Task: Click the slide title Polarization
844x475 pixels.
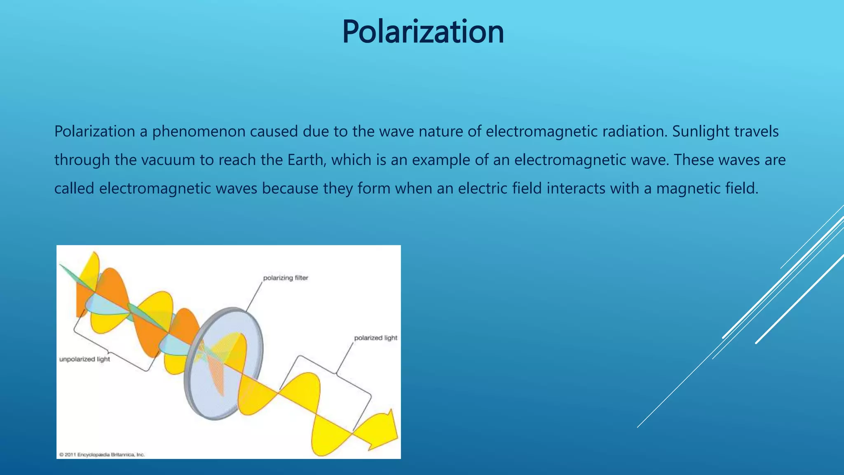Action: pos(423,32)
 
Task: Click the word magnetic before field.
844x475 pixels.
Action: pos(688,188)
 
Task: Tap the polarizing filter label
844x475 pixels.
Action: pos(286,278)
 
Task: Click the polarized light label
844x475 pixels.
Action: pos(375,338)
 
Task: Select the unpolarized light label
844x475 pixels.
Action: pos(84,359)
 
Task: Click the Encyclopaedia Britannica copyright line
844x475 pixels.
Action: pos(102,454)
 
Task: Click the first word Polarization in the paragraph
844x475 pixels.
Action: pos(95,132)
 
